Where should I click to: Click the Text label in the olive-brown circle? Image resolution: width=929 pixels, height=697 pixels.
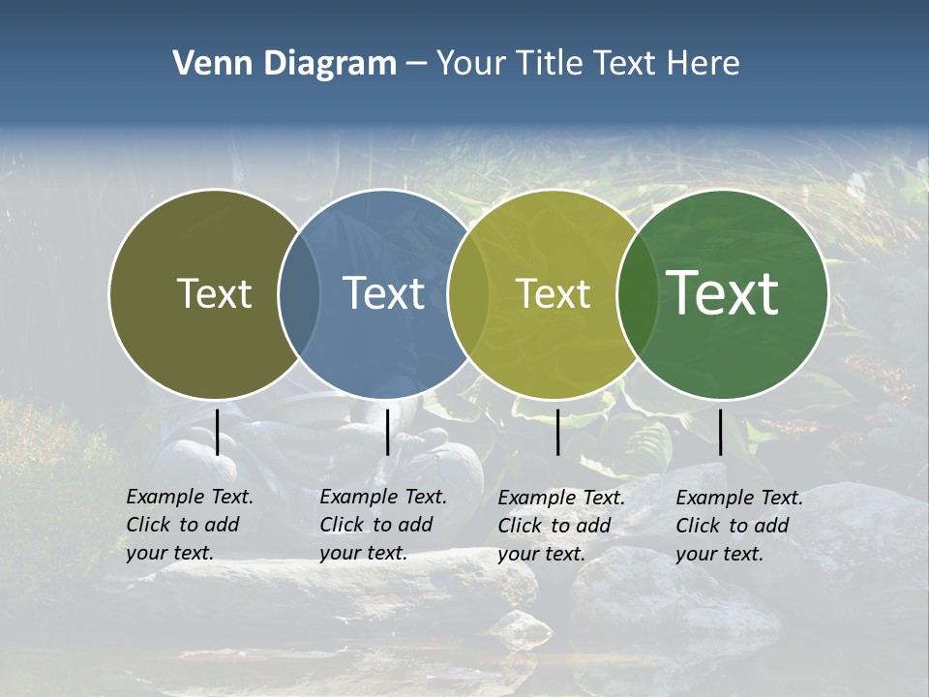point(214,293)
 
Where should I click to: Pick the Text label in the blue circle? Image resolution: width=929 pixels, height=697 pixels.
point(384,293)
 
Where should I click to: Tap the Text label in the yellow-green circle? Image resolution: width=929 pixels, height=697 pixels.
point(554,293)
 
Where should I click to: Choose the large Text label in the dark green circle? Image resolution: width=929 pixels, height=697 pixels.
point(723,292)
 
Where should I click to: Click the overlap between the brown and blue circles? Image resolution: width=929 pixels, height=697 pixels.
point(299,294)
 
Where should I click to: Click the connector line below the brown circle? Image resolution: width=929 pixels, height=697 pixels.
point(218,432)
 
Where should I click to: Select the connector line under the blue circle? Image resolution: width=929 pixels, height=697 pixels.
point(387,432)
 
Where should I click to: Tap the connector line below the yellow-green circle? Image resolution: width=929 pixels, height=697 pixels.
point(557,432)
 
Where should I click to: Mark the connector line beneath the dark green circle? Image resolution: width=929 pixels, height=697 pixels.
point(720,432)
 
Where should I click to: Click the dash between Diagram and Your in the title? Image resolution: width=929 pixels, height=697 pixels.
point(415,64)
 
